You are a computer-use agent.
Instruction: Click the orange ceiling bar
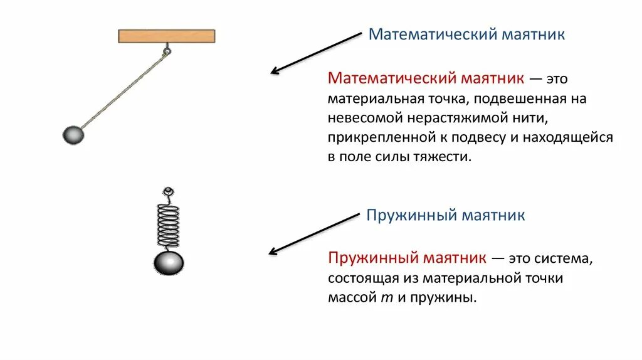pos(167,36)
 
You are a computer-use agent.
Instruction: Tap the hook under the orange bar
pos(167,50)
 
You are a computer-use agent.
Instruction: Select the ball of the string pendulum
pos(73,135)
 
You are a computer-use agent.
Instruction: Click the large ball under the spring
pos(169,263)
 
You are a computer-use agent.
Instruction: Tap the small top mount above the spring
pos(167,191)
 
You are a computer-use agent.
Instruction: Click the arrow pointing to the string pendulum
pos(317,53)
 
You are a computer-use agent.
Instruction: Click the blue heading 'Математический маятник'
pos(466,34)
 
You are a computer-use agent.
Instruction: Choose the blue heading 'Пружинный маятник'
pos(446,216)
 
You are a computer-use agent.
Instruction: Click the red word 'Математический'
pos(392,79)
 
